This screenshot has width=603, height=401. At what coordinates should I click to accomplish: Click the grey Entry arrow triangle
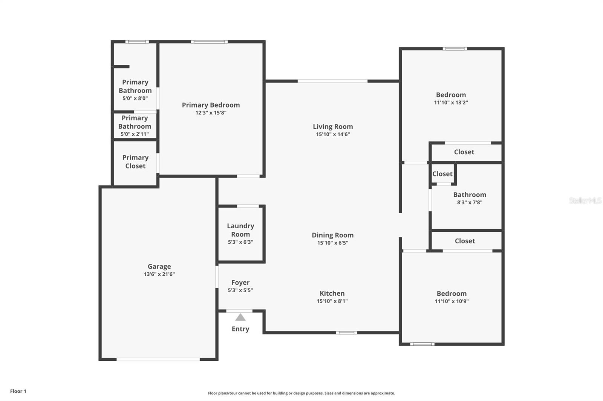pos(240,317)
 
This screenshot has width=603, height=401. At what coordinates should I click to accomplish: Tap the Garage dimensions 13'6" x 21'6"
pos(159,274)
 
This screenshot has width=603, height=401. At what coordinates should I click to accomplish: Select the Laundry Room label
pos(240,230)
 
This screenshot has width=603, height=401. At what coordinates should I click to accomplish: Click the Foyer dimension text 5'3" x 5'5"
pos(240,290)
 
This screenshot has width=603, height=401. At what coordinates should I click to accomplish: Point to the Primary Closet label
pos(135,162)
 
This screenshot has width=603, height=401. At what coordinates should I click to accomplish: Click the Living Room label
pos(333,127)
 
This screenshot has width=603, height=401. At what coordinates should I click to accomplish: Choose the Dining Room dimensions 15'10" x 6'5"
pos(333,243)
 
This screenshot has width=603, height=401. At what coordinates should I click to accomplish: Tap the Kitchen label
pos(332,293)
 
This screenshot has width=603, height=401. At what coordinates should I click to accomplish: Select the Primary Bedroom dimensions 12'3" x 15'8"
pos(211,113)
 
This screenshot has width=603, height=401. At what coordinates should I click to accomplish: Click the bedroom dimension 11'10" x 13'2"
pos(451,103)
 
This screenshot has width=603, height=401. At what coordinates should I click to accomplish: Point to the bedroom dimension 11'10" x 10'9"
pos(451,301)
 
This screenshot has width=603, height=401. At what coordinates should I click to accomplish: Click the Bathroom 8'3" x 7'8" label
pos(470,195)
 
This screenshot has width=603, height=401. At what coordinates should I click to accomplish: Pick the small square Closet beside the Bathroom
pos(442,174)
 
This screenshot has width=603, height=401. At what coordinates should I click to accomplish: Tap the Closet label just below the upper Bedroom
pos(464,152)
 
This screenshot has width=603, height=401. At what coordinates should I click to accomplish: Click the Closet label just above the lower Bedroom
pos(465,241)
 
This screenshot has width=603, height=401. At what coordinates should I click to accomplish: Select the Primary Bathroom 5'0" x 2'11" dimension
pos(135,134)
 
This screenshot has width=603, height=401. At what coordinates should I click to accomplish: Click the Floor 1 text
pos(18,391)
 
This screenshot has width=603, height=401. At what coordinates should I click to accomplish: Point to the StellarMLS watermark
pos(585,200)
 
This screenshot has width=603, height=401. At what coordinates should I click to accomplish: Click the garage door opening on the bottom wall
pos(158,359)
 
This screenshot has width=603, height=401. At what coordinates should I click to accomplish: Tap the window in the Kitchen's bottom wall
pos(346,333)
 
